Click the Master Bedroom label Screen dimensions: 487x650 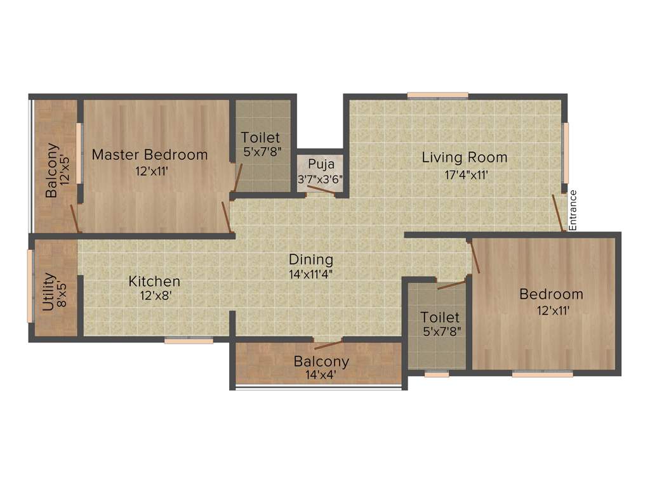coord(150,155)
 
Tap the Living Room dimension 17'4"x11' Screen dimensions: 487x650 coord(465,174)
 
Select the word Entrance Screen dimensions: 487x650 coord(573,210)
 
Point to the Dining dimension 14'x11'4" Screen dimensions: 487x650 coord(311,275)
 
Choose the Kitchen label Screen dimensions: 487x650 coord(154,281)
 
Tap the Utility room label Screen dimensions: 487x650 coord(48,292)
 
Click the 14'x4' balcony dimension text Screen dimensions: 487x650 coord(321,375)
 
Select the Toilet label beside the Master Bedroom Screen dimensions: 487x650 coord(260,138)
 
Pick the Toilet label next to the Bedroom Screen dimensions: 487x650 coord(440,316)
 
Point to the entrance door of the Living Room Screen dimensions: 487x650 coord(559,213)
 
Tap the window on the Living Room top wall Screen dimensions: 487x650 coord(438,96)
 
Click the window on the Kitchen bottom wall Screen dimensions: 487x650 coord(189,341)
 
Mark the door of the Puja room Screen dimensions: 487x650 coord(321,192)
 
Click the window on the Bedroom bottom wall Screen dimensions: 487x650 coord(542,374)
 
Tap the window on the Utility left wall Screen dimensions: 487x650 coord(30,285)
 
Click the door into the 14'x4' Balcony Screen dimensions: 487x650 coord(329,344)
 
